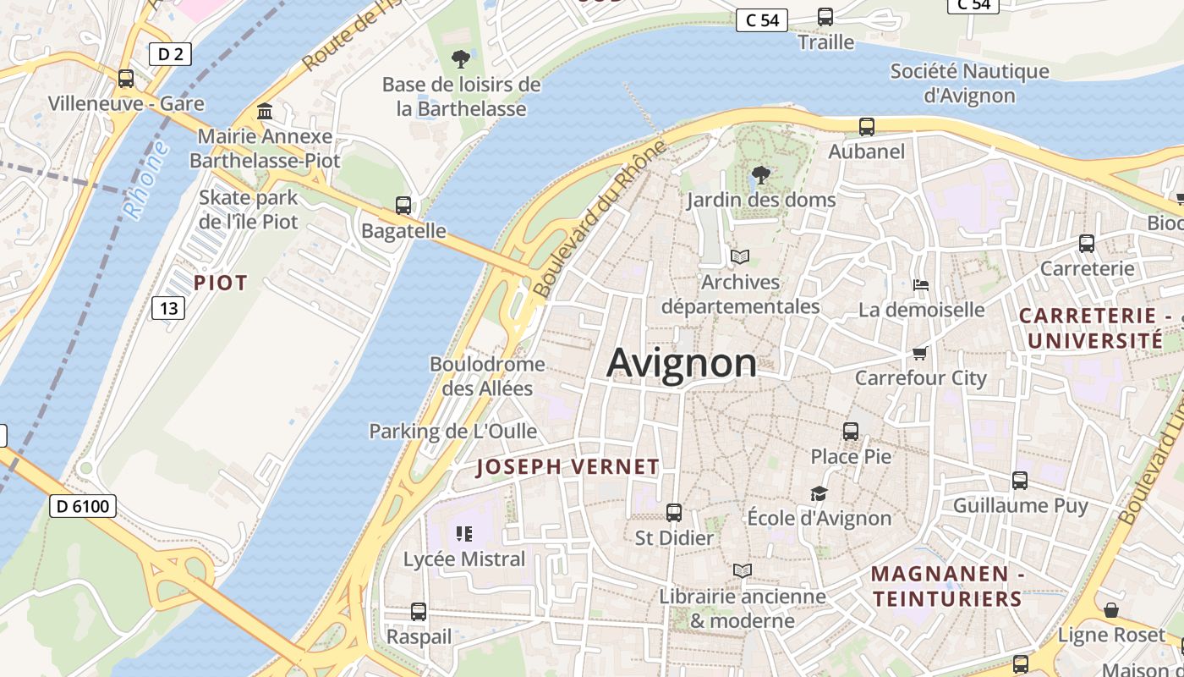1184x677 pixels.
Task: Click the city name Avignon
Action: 682,363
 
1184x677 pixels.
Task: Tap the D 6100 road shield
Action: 83,506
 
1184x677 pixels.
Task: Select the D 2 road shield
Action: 170,54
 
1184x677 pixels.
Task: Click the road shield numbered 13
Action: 168,308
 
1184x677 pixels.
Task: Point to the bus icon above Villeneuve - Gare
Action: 126,79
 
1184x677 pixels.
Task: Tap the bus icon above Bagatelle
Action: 403,205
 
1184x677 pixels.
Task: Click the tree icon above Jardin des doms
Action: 760,175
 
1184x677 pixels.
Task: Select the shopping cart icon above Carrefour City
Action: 920,352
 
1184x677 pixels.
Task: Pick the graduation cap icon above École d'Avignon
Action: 818,493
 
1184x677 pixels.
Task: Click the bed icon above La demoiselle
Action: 921,285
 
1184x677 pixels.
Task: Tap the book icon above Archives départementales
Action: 740,256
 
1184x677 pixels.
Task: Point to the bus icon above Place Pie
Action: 851,431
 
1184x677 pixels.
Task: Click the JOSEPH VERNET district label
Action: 567,466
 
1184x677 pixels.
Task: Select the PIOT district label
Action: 221,283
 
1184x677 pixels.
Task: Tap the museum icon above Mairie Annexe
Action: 265,112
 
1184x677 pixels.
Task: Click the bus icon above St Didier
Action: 674,512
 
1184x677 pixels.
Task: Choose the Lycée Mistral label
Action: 464,559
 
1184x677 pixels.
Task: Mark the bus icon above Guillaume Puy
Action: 1020,481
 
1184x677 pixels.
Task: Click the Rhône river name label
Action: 146,180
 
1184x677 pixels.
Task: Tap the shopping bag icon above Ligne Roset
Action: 1111,610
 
